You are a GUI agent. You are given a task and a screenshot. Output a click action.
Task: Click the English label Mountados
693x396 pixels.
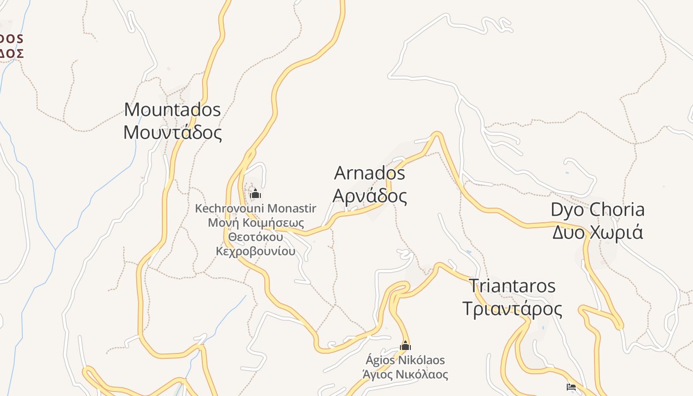coord(172,109)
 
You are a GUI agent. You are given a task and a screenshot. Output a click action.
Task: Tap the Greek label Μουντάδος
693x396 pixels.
coord(172,133)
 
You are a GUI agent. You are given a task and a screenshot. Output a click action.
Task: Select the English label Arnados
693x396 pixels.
coord(370,173)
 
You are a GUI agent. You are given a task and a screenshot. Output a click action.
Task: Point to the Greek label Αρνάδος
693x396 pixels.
coord(370,196)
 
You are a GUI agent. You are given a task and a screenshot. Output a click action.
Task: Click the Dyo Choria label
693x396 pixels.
coord(597,209)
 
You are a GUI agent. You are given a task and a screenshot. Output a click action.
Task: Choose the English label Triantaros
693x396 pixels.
coord(512,286)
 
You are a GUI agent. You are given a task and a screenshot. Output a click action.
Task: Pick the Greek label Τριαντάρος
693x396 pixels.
coord(512,309)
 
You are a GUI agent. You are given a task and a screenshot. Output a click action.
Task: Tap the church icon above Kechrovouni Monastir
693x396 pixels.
coord(255,194)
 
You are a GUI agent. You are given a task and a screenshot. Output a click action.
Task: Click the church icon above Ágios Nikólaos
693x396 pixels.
coord(405,346)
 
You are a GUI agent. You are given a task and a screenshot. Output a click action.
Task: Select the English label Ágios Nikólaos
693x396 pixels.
coord(405,360)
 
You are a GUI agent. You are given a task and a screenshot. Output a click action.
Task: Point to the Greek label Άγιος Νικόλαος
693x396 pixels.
coord(405,374)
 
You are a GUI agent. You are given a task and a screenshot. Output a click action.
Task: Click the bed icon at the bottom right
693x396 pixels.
coord(571,387)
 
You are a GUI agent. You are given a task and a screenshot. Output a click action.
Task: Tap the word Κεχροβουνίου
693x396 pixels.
coord(255,251)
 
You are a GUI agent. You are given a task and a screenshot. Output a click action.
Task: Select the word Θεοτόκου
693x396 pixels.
coord(255,237)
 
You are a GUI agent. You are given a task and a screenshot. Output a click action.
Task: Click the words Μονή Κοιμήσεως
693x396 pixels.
coord(255,223)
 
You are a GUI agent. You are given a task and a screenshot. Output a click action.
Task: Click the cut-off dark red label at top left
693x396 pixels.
coord(11,46)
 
